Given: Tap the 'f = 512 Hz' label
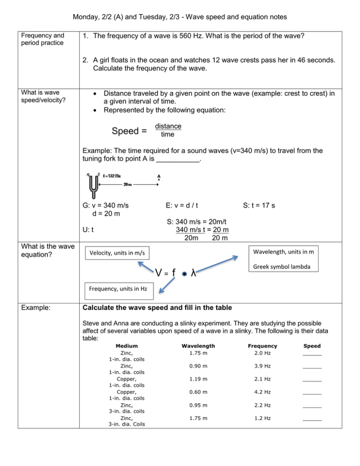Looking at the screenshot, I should (110, 176).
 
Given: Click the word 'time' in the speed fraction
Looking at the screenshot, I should (167, 134).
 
